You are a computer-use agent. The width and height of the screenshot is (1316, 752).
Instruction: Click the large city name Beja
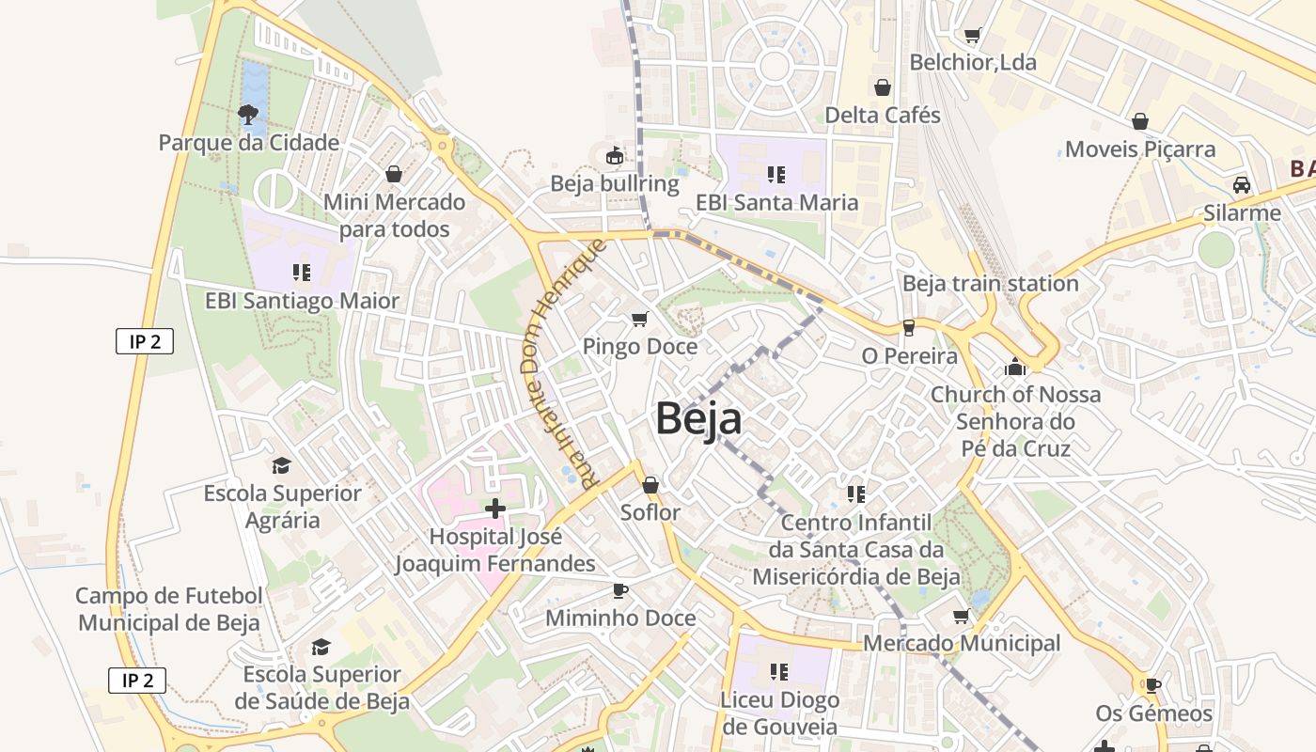click(x=698, y=419)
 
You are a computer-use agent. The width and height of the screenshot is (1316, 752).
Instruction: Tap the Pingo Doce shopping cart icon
click(x=640, y=320)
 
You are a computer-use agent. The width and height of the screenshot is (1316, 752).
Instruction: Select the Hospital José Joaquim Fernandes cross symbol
click(x=494, y=509)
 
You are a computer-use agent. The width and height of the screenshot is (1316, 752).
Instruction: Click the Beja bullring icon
click(x=615, y=155)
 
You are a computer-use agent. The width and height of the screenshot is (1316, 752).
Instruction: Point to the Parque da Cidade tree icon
click(x=248, y=115)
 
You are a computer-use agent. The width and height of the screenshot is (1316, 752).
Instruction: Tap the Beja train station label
click(x=990, y=283)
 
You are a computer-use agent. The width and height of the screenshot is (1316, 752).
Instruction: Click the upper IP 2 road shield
click(x=145, y=341)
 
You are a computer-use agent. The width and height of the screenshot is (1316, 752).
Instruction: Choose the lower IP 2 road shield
click(x=137, y=680)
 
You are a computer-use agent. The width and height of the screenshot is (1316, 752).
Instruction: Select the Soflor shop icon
click(x=650, y=485)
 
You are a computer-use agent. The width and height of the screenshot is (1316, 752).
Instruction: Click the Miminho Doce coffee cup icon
click(x=619, y=590)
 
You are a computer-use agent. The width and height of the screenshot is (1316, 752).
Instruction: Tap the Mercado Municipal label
click(x=962, y=643)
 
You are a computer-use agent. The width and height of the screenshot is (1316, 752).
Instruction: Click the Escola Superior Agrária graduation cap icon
click(x=281, y=465)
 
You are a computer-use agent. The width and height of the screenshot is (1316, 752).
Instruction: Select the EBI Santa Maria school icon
click(x=775, y=174)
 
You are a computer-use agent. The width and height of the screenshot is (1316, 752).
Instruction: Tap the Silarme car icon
click(x=1242, y=185)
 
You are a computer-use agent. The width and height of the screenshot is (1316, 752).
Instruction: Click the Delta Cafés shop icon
click(x=883, y=87)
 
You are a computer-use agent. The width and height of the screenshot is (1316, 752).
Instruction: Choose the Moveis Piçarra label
click(x=1139, y=149)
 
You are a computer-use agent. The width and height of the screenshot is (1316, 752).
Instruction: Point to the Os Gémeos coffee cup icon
click(x=1153, y=685)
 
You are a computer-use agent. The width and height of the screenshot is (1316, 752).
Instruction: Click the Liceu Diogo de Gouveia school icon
click(x=778, y=671)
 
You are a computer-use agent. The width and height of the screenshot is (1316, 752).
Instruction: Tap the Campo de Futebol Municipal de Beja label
click(x=169, y=609)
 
